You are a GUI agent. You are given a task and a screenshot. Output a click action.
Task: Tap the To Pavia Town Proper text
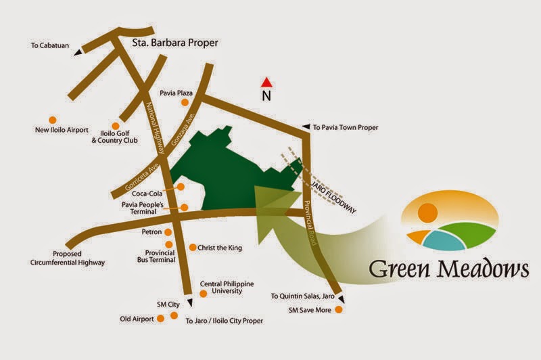345,127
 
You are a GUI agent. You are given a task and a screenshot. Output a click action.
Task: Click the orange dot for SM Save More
339,311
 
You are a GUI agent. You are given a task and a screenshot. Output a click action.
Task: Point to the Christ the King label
220,248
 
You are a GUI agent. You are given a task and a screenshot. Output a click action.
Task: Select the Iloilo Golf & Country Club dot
116,126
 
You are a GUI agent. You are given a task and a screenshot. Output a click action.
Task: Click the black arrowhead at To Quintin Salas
341,299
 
